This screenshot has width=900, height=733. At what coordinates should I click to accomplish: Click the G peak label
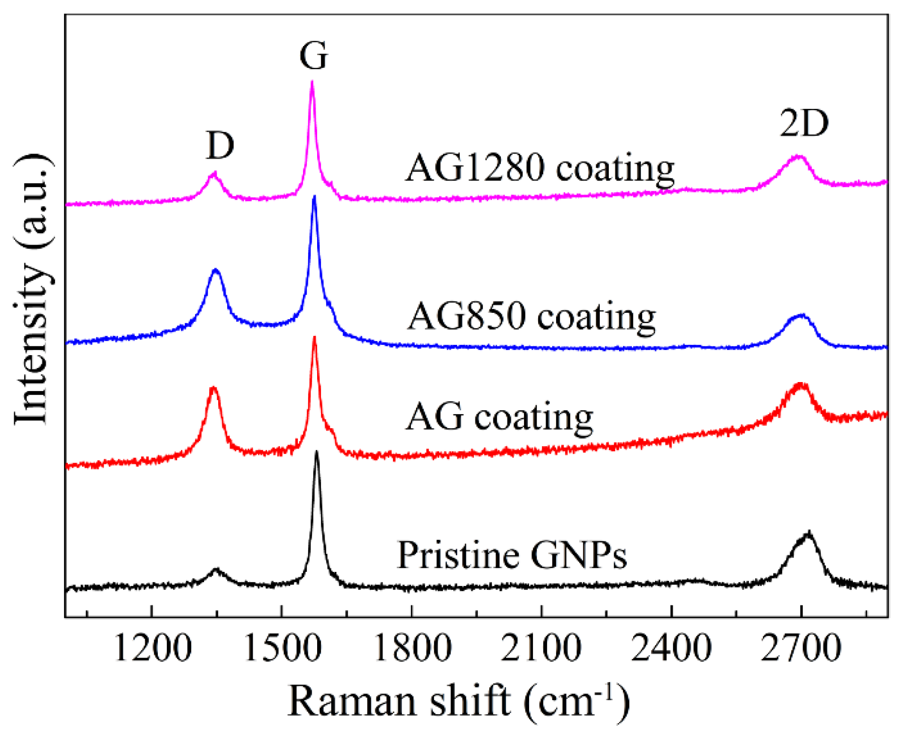(313, 56)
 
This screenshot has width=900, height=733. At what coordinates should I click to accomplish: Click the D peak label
(220, 145)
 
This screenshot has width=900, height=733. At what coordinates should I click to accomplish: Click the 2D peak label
(803, 123)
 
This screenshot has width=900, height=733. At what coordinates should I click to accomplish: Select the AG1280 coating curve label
(540, 169)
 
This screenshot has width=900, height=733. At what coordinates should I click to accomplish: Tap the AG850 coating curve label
(532, 317)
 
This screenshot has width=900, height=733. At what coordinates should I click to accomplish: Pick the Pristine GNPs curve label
(512, 555)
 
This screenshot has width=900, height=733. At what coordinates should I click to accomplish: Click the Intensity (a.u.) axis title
(32, 290)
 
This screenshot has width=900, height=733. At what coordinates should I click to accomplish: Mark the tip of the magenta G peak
(312, 82)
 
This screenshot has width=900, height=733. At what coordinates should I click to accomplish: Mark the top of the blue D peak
(216, 270)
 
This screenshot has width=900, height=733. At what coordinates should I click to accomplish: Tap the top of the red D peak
(213, 388)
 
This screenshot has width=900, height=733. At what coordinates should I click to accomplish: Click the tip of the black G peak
(316, 452)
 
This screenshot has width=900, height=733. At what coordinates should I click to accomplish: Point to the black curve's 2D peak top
(809, 532)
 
